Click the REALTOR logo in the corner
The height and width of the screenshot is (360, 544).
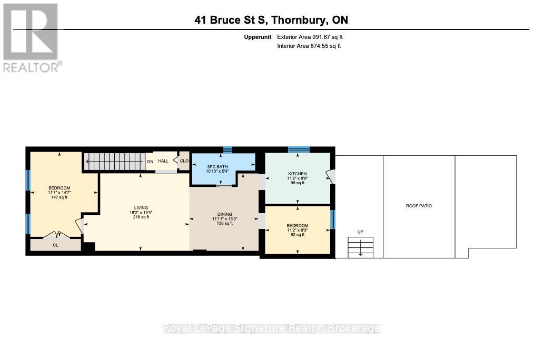pyautogui.click(x=33, y=38)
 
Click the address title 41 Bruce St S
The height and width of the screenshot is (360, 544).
pyautogui.click(x=231, y=20)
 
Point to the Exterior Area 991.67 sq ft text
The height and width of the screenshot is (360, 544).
pyautogui.click(x=310, y=37)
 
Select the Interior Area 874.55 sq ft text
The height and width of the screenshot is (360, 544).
pyautogui.click(x=309, y=46)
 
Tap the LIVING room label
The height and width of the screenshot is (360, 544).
pyautogui.click(x=141, y=208)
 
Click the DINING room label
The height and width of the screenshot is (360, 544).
pyautogui.click(x=224, y=214)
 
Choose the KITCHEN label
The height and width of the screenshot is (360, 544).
pyautogui.click(x=298, y=174)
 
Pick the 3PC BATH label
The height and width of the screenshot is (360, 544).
pyautogui.click(x=217, y=167)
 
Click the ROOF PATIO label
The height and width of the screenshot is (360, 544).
pyautogui.click(x=419, y=206)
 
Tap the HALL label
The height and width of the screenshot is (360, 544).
pyautogui.click(x=163, y=161)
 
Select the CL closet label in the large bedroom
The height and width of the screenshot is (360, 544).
pyautogui.click(x=55, y=245)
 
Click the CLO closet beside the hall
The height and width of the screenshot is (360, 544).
pyautogui.click(x=184, y=161)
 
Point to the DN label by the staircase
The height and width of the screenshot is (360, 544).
pyautogui.click(x=150, y=162)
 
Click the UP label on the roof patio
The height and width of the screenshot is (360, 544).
pyautogui.click(x=360, y=232)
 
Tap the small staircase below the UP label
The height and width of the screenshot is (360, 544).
pyautogui.click(x=360, y=247)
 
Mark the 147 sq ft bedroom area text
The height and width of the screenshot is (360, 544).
pyautogui.click(x=60, y=197)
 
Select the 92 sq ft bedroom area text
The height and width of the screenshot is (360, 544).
pyautogui.click(x=298, y=234)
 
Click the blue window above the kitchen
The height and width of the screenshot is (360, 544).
pyautogui.click(x=299, y=149)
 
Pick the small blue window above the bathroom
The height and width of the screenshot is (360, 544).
pyautogui.click(x=228, y=150)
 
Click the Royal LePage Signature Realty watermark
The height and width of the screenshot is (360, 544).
pyautogui.click(x=272, y=328)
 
